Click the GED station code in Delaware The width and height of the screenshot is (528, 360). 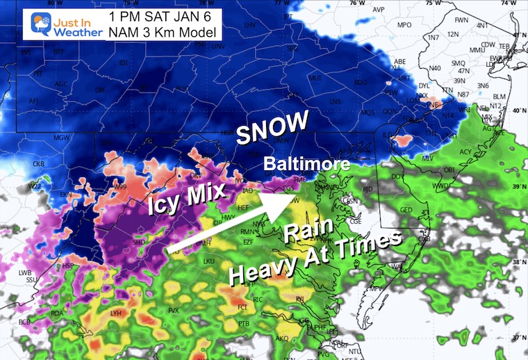pos(406,210)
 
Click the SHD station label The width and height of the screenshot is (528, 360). pos(139,242)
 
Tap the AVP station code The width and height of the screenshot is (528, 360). pos(379,10)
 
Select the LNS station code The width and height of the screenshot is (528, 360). pos(335,101)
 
